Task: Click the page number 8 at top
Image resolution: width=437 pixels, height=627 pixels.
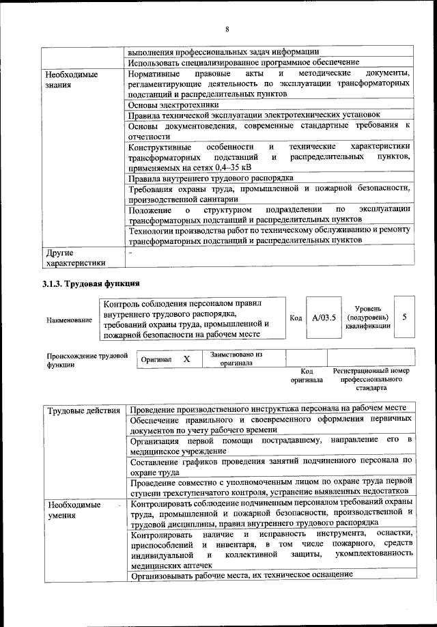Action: [x=226, y=28]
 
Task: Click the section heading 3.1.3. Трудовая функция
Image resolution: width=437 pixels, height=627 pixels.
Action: [x=91, y=283]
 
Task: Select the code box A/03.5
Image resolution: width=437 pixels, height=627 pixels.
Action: [x=324, y=318]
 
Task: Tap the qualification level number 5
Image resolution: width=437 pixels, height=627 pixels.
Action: [x=405, y=317]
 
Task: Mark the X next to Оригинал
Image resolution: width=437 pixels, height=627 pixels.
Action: [x=186, y=358]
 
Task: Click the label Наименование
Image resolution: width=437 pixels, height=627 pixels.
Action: [x=69, y=319]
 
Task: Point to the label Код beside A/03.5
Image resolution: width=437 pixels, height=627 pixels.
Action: [x=295, y=318]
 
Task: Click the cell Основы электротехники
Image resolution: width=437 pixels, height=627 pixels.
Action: [x=173, y=105]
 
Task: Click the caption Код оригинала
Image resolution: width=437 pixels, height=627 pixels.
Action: [x=306, y=374]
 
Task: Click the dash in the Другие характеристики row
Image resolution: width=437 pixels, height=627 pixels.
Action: [x=130, y=252]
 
